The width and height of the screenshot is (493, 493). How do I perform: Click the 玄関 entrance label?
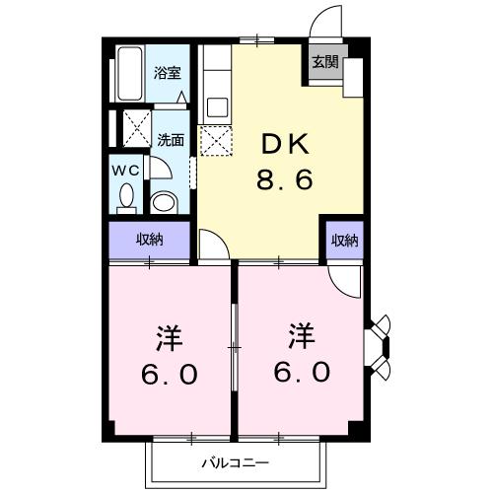click(x=325, y=61)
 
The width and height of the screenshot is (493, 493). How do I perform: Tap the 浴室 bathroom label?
click(x=167, y=72)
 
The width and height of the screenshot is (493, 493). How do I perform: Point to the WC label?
click(x=126, y=170)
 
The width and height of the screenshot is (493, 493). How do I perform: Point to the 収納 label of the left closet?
click(x=149, y=239)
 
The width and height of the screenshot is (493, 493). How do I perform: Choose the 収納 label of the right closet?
click(x=343, y=240)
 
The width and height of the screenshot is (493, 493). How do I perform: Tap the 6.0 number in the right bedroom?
click(x=303, y=374)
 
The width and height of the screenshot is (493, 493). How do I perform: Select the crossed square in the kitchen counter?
click(x=214, y=140)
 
